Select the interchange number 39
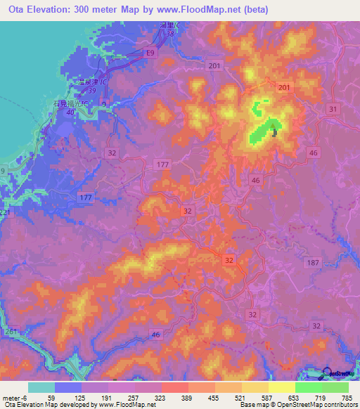tap(91, 91)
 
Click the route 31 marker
tap(333, 109)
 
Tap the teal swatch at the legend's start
tap(41, 387)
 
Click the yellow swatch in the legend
tap(281, 387)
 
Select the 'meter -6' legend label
tap(15, 397)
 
